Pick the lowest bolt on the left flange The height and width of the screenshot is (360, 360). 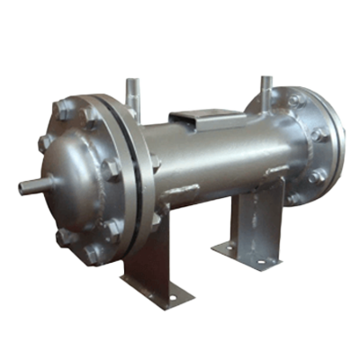click(94, 255)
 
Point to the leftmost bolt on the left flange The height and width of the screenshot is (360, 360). click(45, 143)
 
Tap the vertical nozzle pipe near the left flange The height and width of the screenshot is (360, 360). click(133, 95)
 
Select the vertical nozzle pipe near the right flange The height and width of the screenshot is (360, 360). click(265, 90)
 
